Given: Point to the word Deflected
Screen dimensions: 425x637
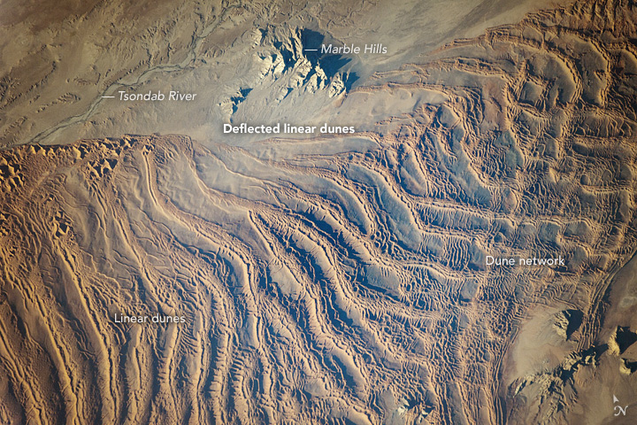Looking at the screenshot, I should pyautogui.click(x=249, y=128).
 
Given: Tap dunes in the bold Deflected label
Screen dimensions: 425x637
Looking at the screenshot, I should pyautogui.click(x=338, y=128).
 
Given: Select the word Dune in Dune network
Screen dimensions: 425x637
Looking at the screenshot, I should pyautogui.click(x=499, y=261).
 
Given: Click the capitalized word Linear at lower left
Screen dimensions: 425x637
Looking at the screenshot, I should pyautogui.click(x=131, y=317).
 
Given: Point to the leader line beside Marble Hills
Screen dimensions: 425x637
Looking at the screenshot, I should pyautogui.click(x=311, y=50).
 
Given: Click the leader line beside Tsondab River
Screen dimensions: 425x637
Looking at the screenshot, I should pyautogui.click(x=110, y=96).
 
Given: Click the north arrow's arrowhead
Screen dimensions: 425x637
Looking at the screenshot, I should pyautogui.click(x=616, y=398).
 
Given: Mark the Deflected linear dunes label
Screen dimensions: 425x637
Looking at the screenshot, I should pyautogui.click(x=288, y=128).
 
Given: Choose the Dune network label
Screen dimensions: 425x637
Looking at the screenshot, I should pyautogui.click(x=525, y=261).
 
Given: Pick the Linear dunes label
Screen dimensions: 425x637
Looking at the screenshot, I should pyautogui.click(x=149, y=317).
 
